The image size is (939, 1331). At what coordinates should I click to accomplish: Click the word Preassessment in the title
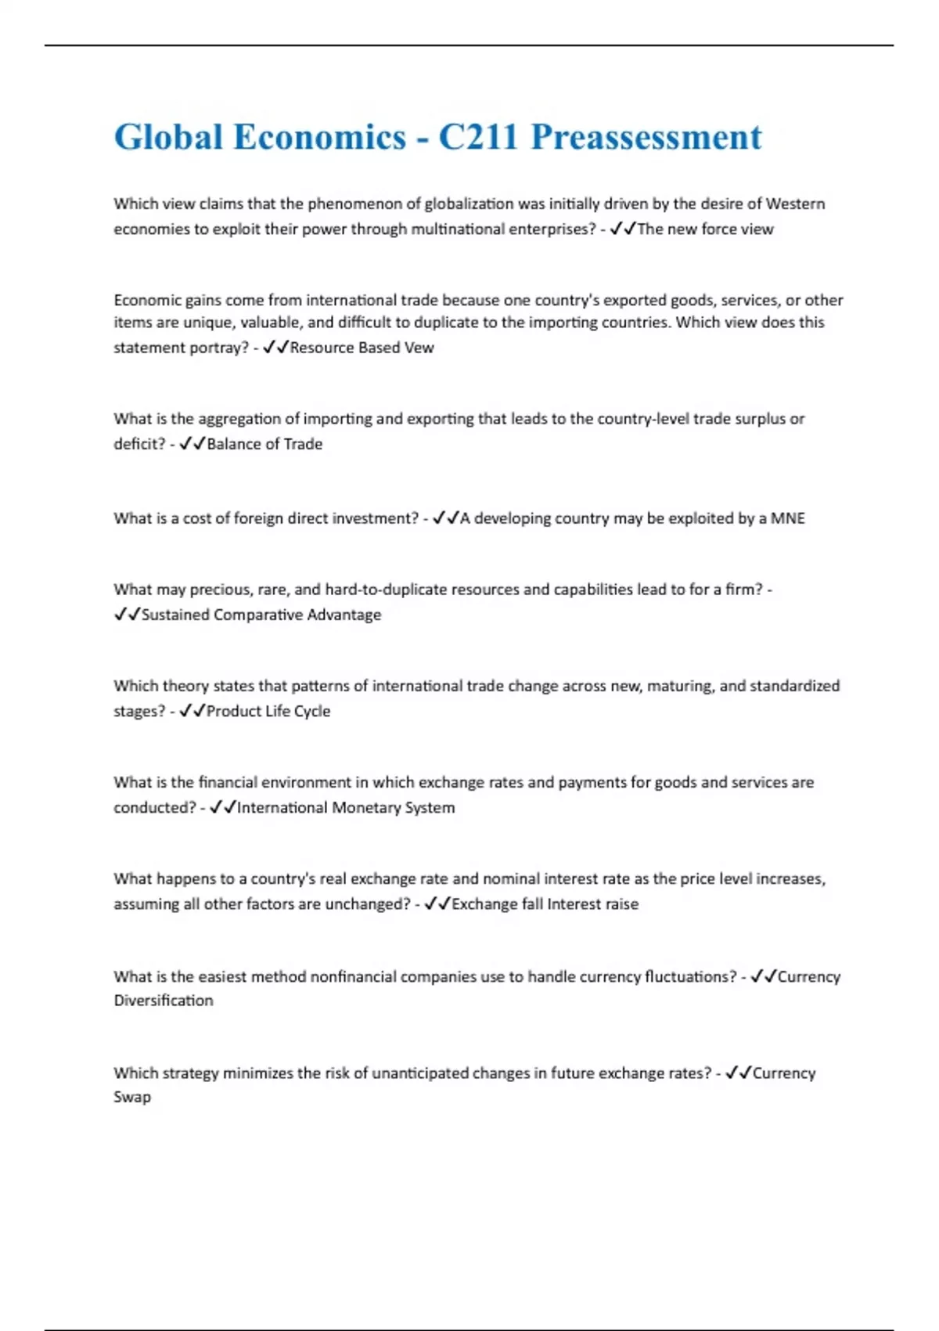(x=646, y=137)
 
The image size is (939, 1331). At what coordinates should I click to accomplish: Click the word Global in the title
(x=168, y=137)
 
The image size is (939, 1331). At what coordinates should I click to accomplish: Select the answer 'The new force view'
(x=705, y=229)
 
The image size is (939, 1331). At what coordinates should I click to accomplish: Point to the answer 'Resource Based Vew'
(x=362, y=348)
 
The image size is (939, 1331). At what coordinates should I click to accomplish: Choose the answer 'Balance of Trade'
(x=264, y=444)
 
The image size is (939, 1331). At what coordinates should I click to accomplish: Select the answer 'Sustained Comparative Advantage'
(x=261, y=615)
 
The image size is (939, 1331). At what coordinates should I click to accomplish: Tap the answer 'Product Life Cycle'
(x=268, y=711)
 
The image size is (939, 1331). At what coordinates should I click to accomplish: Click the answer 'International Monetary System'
(x=346, y=807)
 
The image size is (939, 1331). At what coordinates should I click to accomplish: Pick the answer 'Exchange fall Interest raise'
(x=545, y=904)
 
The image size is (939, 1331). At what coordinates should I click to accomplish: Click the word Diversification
(x=164, y=1001)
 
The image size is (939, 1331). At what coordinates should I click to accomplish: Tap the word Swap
(x=132, y=1097)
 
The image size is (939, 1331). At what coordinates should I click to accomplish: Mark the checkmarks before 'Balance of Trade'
(x=192, y=444)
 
